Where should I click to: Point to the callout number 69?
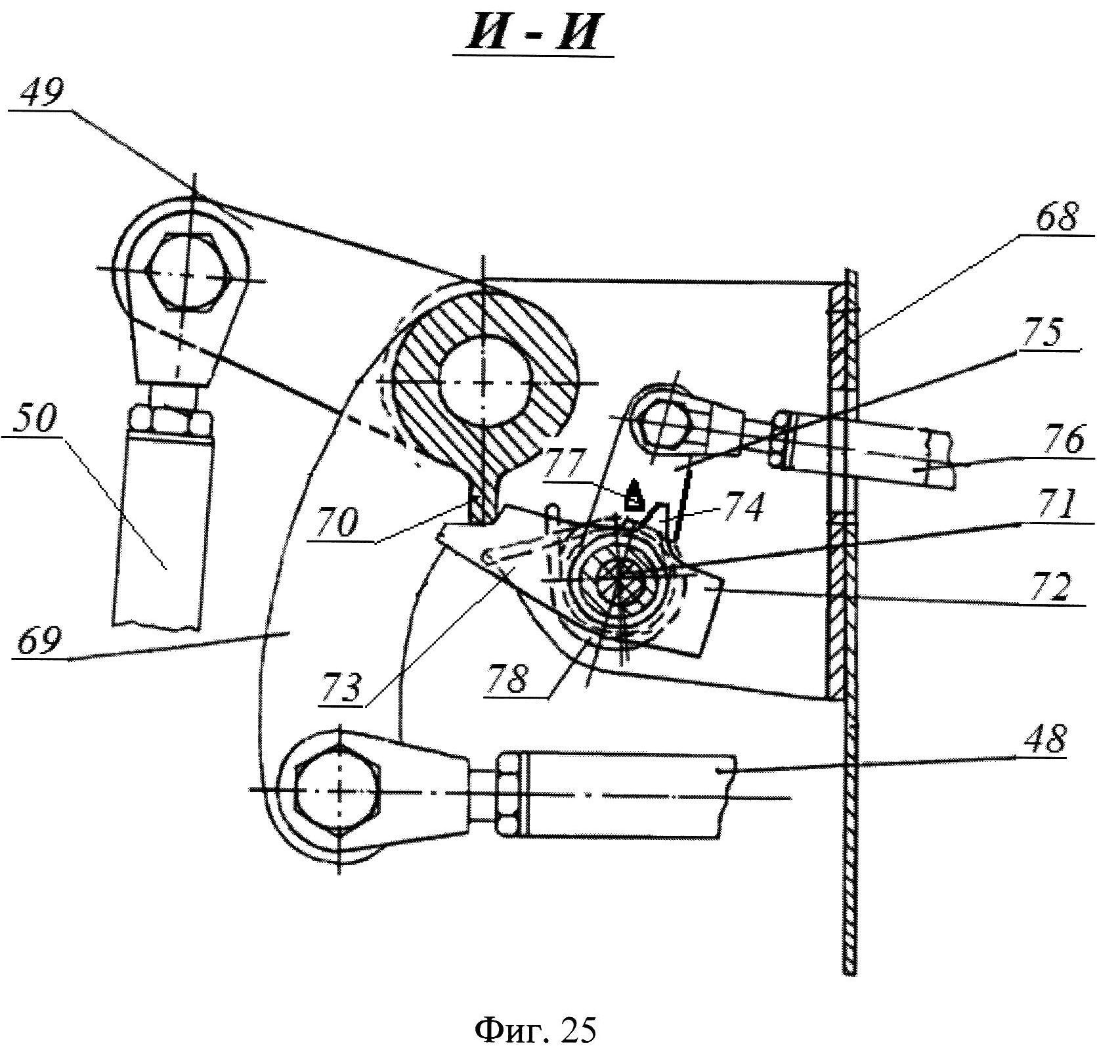click(37, 641)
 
